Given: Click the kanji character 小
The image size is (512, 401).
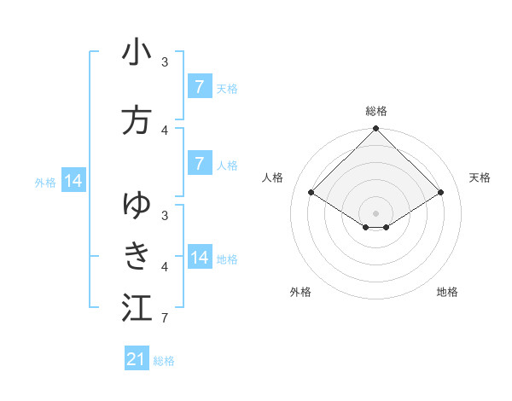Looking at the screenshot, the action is pyautogui.click(x=137, y=53).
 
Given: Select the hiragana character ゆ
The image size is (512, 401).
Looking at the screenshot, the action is pyautogui.click(x=137, y=205).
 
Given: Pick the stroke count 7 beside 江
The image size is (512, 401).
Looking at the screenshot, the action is pyautogui.click(x=164, y=318).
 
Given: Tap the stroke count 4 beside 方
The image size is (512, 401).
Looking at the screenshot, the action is pyautogui.click(x=164, y=130).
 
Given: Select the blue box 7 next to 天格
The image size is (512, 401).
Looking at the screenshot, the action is pyautogui.click(x=199, y=86).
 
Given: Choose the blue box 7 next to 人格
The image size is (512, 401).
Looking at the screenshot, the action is pyautogui.click(x=199, y=164).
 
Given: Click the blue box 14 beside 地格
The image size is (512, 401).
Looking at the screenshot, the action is pyautogui.click(x=199, y=258).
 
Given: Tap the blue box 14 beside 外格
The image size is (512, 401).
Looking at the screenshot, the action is pyautogui.click(x=73, y=181).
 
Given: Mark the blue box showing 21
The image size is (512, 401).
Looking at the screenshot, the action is pyautogui.click(x=137, y=359).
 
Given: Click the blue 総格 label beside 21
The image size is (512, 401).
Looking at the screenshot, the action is pyautogui.click(x=164, y=361).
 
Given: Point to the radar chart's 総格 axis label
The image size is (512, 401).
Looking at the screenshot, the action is pyautogui.click(x=376, y=111).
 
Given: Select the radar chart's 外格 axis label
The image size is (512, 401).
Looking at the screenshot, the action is pyautogui.click(x=300, y=292).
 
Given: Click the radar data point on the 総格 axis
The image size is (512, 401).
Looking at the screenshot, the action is pyautogui.click(x=376, y=129).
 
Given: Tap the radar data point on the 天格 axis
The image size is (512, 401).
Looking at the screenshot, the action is pyautogui.click(x=441, y=193).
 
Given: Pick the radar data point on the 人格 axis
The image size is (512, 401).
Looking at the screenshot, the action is pyautogui.click(x=311, y=193).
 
